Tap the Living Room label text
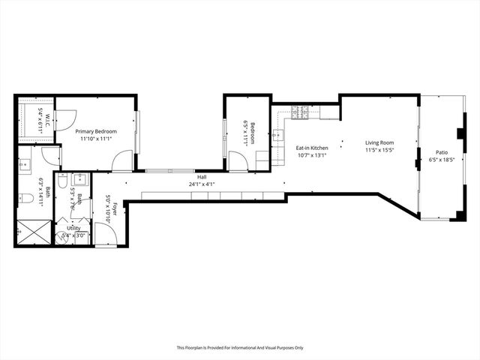pos(379,142)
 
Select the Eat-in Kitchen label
pos(312,148)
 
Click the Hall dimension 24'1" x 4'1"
pos(201,184)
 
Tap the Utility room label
pos(73,227)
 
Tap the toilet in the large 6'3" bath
pos(25,199)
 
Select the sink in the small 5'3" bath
pos(81,179)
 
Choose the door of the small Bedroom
pos(238,160)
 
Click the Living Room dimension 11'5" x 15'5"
pos(379,151)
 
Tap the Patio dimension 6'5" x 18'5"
pos(441,159)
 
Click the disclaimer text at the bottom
pos(239,347)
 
